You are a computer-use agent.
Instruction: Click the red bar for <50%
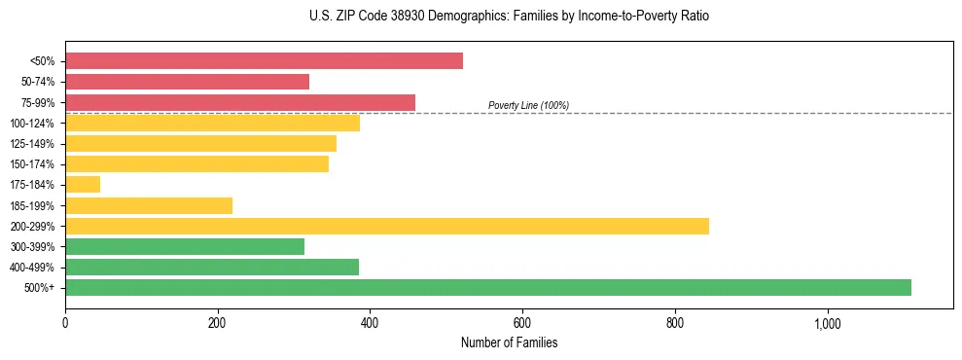(x=264, y=61)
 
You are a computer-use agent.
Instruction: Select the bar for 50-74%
(x=187, y=82)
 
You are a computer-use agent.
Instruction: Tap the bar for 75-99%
(x=240, y=102)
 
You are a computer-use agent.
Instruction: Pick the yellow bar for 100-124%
(x=212, y=123)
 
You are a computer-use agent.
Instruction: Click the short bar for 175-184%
(x=83, y=185)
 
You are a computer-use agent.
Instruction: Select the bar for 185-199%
(x=149, y=205)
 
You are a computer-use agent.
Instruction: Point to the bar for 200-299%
(x=387, y=226)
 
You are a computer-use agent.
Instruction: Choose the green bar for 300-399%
(x=185, y=246)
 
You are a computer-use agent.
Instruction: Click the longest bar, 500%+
(x=488, y=287)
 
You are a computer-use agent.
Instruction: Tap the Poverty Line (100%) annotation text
(x=528, y=105)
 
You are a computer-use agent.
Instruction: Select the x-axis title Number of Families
(x=509, y=342)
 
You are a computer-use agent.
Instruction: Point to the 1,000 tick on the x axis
(x=827, y=322)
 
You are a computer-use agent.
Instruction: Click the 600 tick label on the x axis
(x=522, y=322)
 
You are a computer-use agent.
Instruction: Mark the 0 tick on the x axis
(x=65, y=322)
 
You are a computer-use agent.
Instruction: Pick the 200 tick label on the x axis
(x=218, y=322)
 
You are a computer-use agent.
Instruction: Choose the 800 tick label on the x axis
(x=675, y=322)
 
